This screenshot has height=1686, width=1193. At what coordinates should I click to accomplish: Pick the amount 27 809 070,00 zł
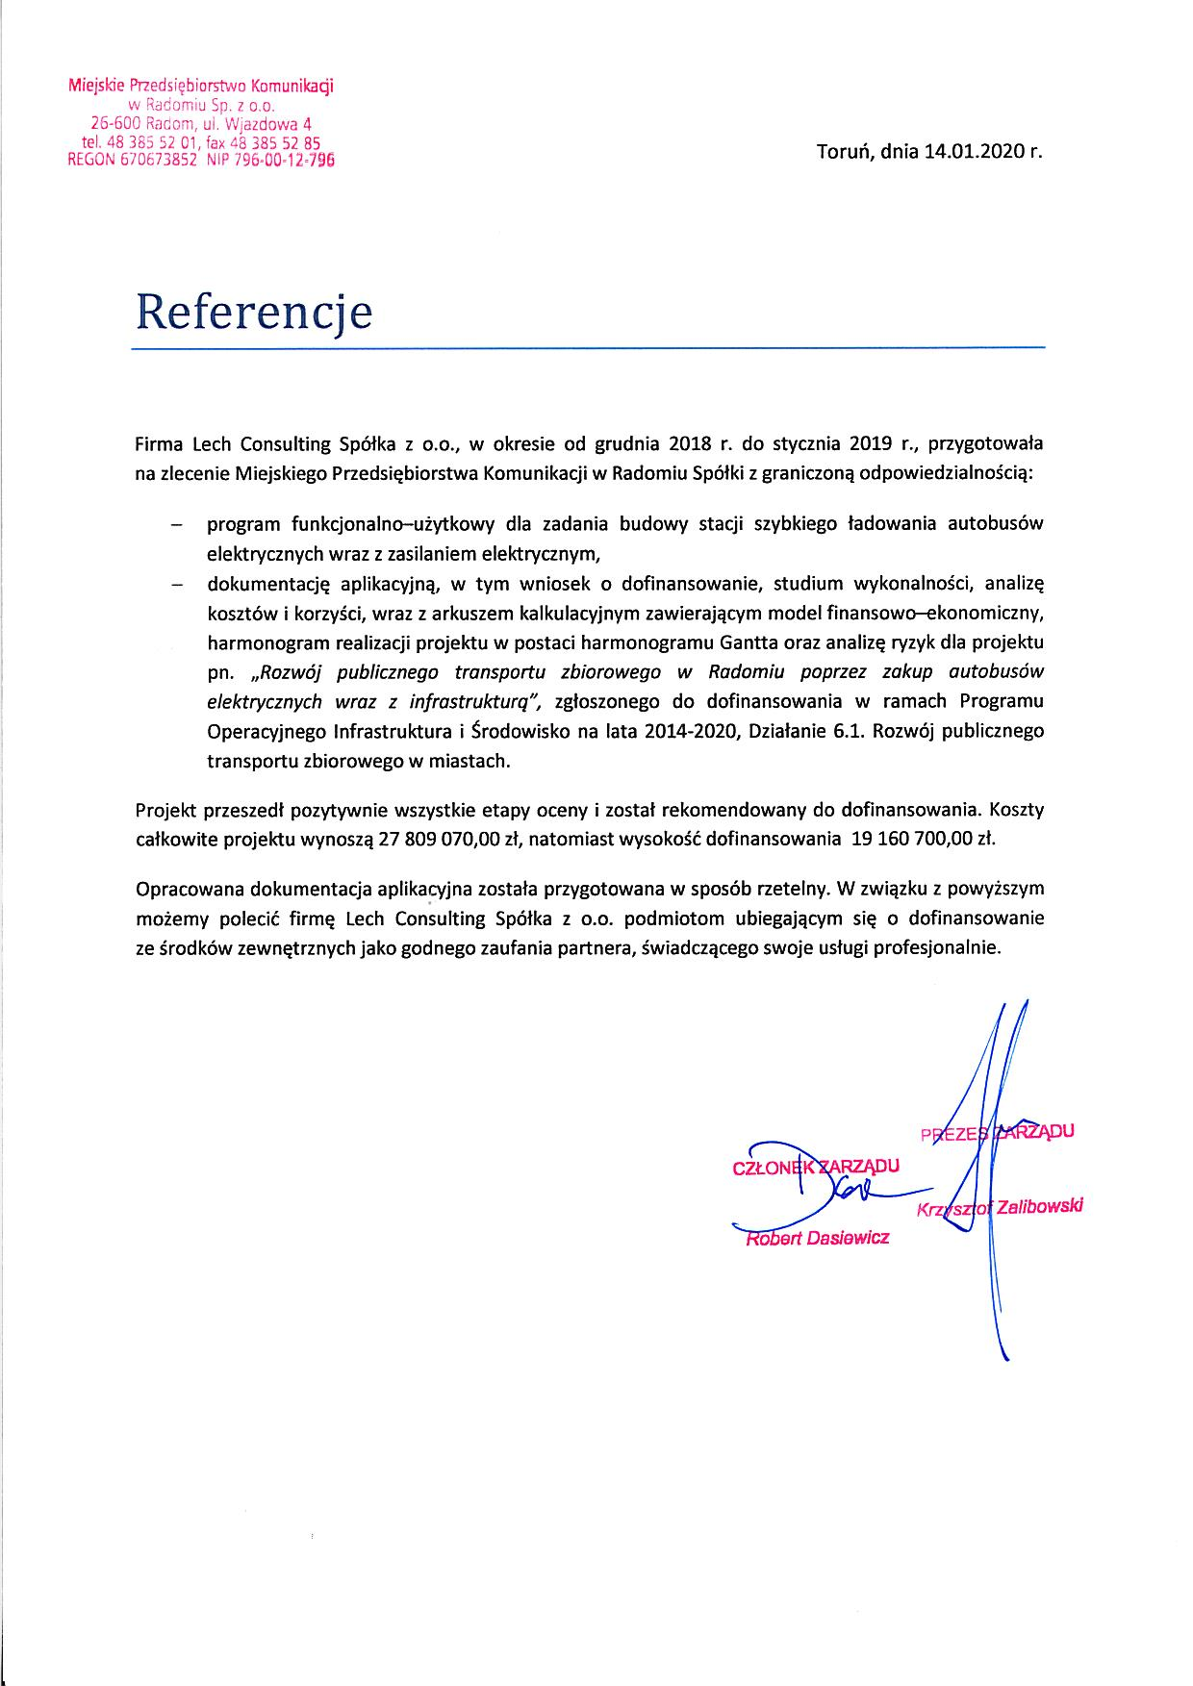point(450,838)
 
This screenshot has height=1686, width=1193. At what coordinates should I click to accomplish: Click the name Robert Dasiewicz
point(818,1238)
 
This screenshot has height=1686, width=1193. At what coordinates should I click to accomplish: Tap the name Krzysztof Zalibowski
point(1001,1207)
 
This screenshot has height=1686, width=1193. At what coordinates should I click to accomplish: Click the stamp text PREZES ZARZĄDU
point(997,1132)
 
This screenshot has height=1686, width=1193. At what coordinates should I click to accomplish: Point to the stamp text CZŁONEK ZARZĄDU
point(816,1167)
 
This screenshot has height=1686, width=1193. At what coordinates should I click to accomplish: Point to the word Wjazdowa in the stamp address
point(268,123)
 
